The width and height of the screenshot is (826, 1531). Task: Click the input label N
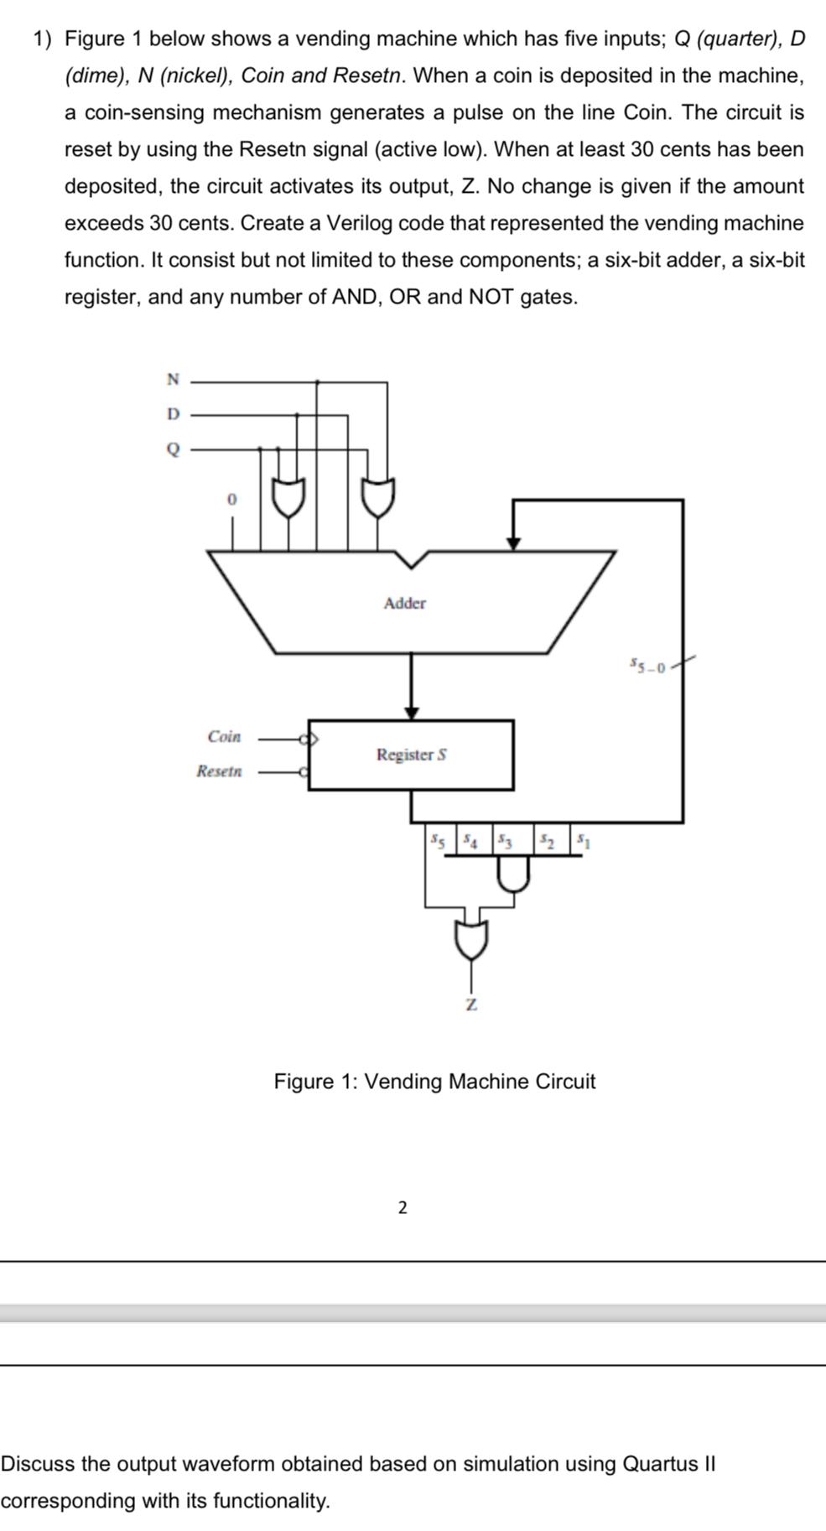click(x=173, y=379)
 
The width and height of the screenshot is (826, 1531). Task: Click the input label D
click(x=173, y=414)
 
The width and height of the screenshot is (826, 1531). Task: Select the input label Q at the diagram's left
click(x=173, y=449)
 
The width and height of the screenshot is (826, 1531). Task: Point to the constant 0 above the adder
click(x=232, y=500)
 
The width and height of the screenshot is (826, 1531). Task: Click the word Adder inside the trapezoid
click(x=404, y=604)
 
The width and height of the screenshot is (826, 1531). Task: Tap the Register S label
click(x=411, y=755)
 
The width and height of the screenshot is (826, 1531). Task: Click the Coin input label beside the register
click(x=224, y=737)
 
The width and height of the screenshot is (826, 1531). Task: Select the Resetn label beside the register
click(x=219, y=771)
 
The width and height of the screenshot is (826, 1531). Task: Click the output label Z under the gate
click(x=471, y=1004)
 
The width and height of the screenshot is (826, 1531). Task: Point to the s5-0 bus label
click(x=647, y=667)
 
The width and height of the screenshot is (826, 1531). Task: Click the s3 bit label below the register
click(x=505, y=839)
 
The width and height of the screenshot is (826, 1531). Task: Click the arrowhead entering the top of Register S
click(x=411, y=712)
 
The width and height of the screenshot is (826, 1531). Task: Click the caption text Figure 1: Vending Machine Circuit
click(x=434, y=1082)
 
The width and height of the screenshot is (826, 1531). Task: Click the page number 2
click(x=403, y=1207)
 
